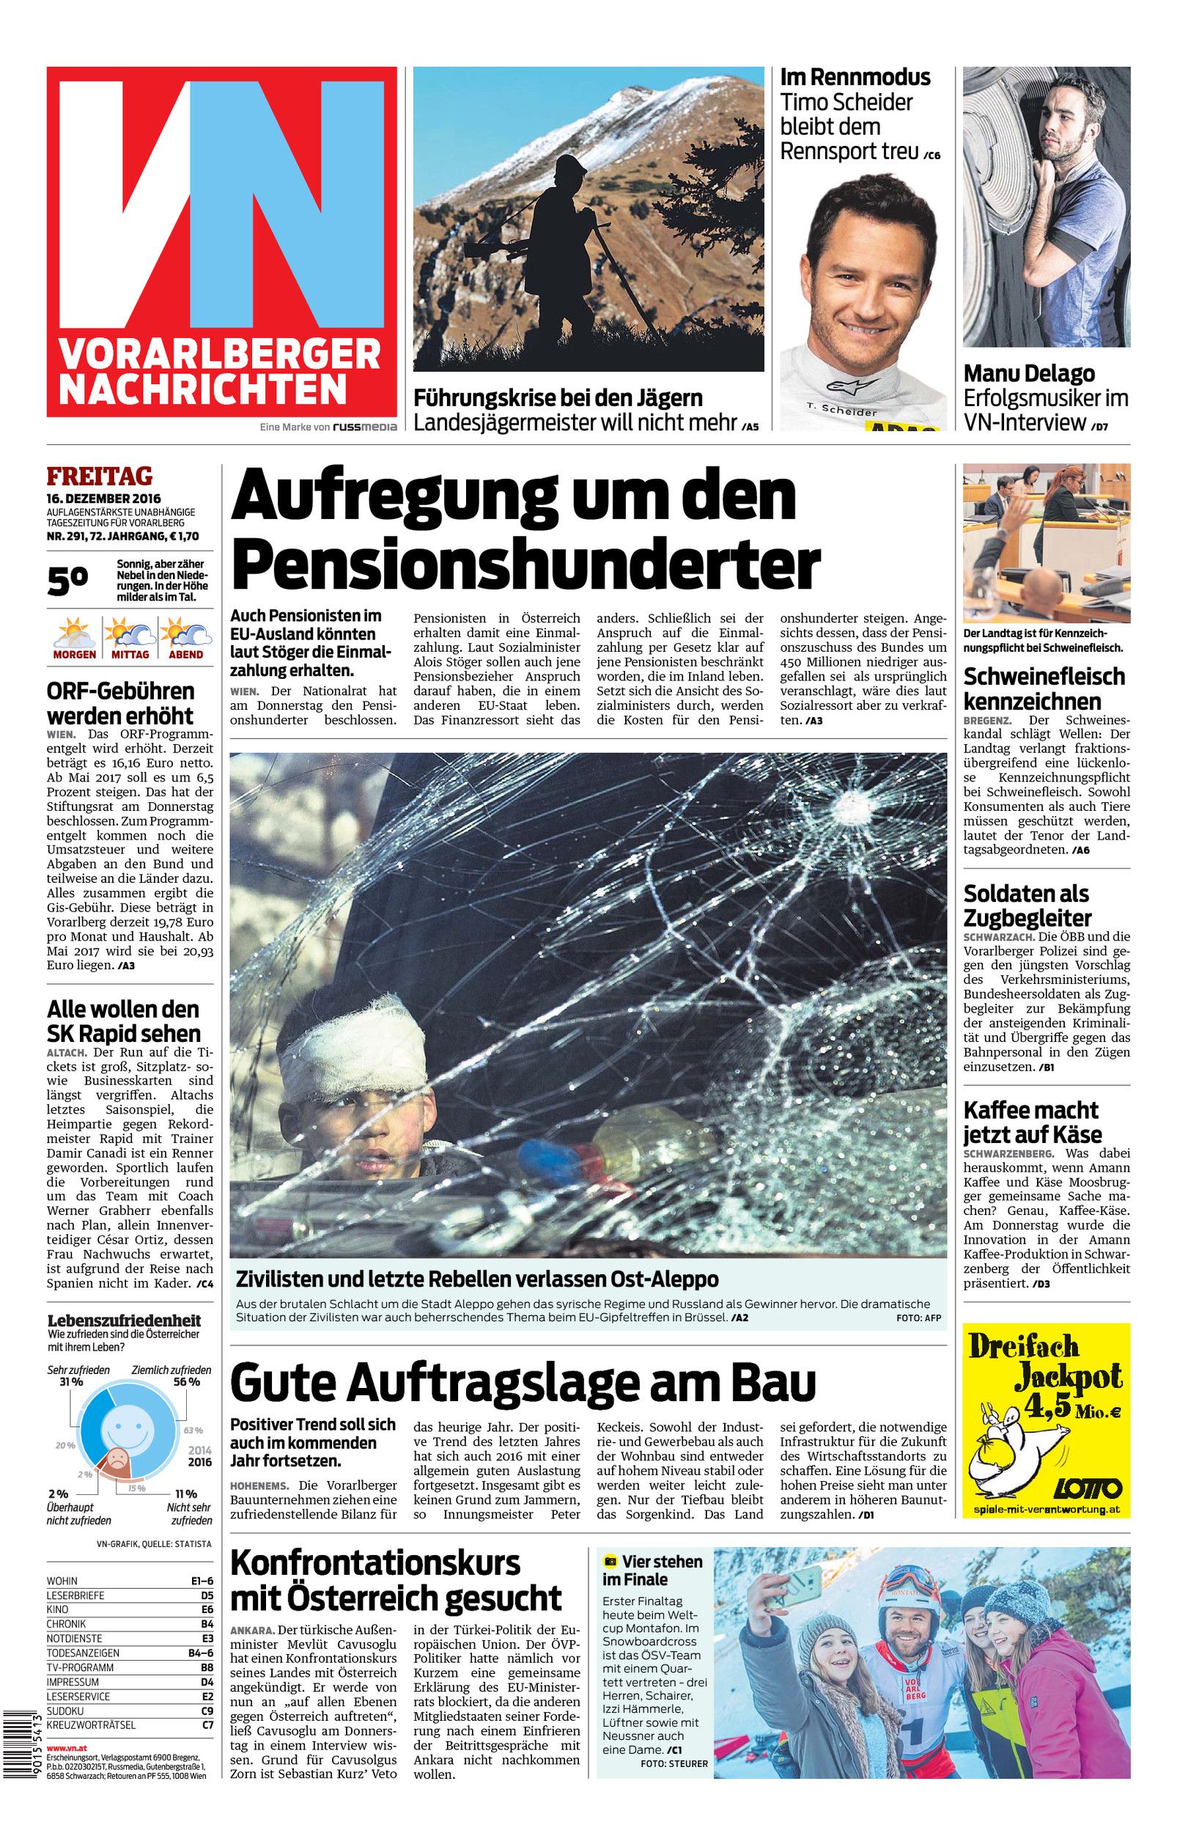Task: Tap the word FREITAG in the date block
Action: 100,476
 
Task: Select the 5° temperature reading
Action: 68,581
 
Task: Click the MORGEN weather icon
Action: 74,634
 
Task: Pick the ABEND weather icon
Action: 185,634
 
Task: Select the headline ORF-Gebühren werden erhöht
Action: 120,703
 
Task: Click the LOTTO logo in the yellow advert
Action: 1088,1488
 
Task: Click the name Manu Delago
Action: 1029,374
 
